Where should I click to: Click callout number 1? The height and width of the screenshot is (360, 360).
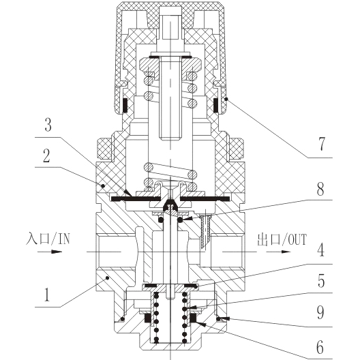click(47, 295)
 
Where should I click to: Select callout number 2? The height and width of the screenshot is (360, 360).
click(46, 156)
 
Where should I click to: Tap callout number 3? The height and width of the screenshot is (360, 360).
click(48, 125)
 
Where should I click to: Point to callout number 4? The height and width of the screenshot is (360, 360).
click(320, 250)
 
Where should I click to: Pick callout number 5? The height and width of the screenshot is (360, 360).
click(321, 281)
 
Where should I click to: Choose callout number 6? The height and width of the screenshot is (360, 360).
click(320, 347)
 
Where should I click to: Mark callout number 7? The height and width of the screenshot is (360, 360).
click(322, 144)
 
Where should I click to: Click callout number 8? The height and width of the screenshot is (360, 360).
click(320, 189)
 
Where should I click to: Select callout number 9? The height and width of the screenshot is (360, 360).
click(320, 312)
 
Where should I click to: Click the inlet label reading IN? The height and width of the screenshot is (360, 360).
click(64, 239)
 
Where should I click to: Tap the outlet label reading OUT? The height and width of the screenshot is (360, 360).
click(297, 240)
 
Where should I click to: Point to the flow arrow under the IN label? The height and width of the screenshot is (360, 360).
click(50, 252)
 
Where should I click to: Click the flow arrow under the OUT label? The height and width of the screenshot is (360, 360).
click(278, 252)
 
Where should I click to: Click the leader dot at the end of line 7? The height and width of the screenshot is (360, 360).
click(226, 99)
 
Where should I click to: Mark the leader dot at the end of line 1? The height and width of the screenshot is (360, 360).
click(107, 278)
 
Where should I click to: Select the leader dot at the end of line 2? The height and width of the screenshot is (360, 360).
click(103, 185)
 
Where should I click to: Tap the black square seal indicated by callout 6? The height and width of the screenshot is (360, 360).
click(193, 318)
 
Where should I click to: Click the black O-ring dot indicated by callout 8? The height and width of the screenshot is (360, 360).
click(180, 220)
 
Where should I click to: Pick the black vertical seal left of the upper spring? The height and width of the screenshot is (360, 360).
click(125, 106)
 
